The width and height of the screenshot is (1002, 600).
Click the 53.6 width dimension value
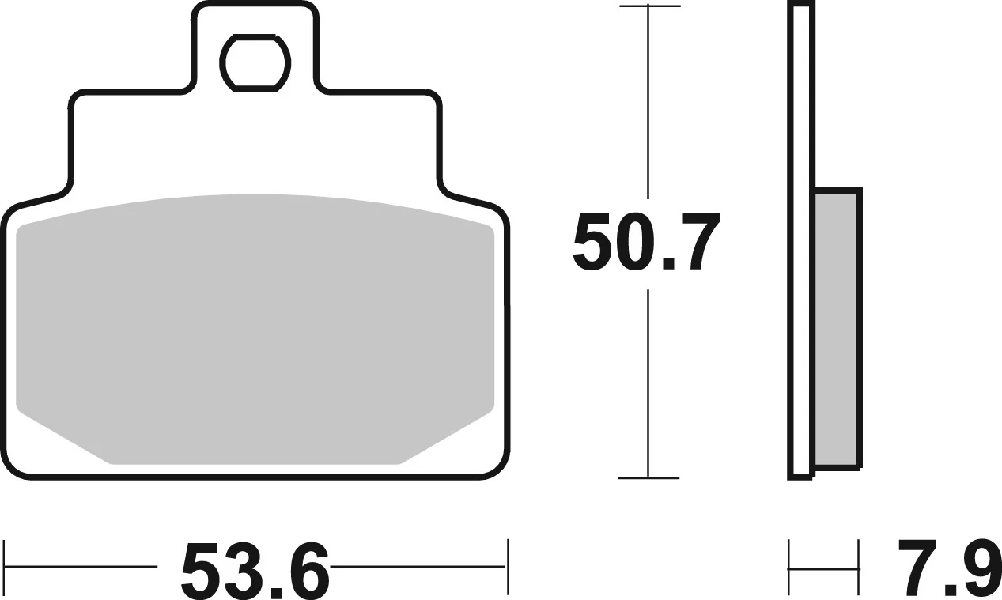255,570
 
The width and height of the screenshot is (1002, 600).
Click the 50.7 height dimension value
647,243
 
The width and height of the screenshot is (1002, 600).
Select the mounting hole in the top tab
255,62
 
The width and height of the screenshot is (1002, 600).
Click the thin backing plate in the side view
800,237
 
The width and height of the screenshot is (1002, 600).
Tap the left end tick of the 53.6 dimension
6,567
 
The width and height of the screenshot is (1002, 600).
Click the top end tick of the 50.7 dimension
648,6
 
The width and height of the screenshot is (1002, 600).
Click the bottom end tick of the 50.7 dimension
648,477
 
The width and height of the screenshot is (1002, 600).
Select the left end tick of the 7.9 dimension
789,567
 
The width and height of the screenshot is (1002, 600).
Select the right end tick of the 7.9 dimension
858,567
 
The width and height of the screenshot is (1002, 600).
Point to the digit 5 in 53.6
202,570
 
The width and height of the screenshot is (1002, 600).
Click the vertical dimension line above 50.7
648,103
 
